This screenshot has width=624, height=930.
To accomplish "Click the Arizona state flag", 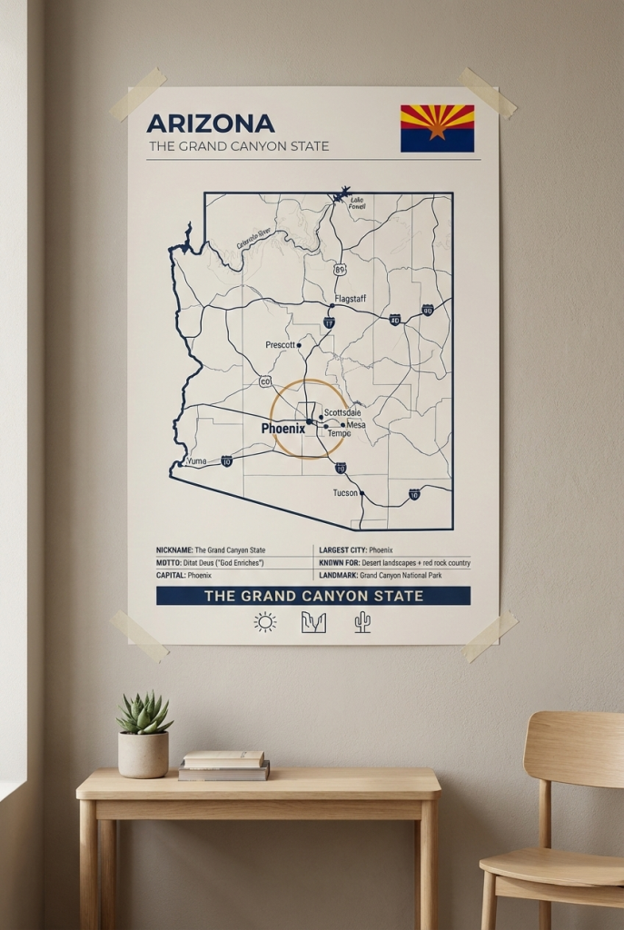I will pyautogui.click(x=437, y=128).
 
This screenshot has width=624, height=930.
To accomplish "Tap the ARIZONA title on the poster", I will pyautogui.click(x=210, y=124).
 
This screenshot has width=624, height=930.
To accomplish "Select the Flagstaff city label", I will pyautogui.click(x=350, y=299).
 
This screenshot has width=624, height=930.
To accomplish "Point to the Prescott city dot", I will pyautogui.click(x=299, y=345).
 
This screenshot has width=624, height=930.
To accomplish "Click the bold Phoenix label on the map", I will pyautogui.click(x=282, y=429).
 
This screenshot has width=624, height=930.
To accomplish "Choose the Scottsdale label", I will pyautogui.click(x=342, y=413).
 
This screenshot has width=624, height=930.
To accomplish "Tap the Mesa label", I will pyautogui.click(x=356, y=424).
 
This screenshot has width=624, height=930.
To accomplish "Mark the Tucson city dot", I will pyautogui.click(x=362, y=493).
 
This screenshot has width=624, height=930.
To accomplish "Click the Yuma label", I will pyautogui.click(x=196, y=461).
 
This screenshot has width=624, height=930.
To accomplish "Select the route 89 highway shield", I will pyautogui.click(x=340, y=270).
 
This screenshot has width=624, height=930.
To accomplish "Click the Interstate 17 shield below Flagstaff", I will pyautogui.click(x=329, y=322).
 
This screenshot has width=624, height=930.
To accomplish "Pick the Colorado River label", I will pyautogui.click(x=255, y=239).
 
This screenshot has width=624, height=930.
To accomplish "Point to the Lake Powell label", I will pyautogui.click(x=357, y=203).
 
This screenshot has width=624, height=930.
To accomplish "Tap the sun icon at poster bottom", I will pyautogui.click(x=264, y=622).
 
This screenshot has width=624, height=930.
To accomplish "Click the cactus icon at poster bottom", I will pyautogui.click(x=362, y=622).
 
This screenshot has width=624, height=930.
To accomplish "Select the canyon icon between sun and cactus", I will pyautogui.click(x=313, y=622).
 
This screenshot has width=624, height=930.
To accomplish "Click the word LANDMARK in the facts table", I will pyautogui.click(x=338, y=575).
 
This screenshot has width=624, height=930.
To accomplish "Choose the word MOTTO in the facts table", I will pyautogui.click(x=170, y=563).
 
